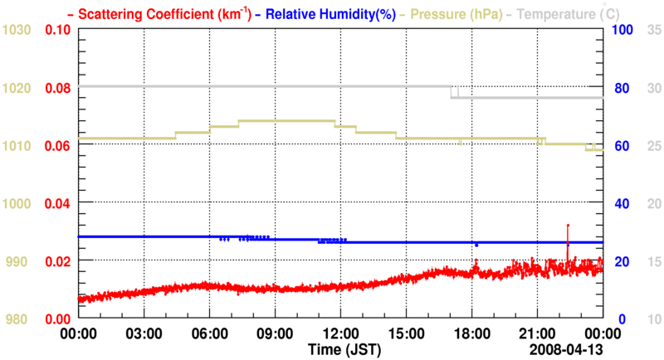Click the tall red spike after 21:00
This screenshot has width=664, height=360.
(x=568, y=236)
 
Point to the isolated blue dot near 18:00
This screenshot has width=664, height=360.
(x=476, y=245)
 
